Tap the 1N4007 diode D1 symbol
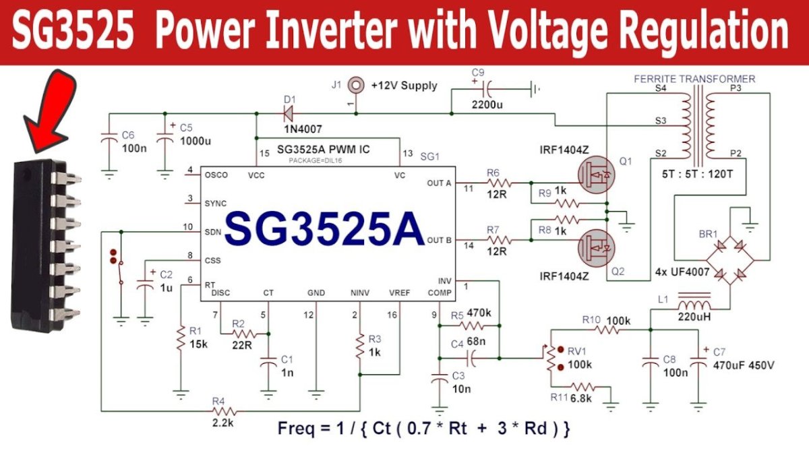[290, 108]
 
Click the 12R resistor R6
[500, 183]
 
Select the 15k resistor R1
[181, 338]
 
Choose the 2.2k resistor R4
[222, 411]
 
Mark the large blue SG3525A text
[324, 229]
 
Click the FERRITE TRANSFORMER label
[694, 79]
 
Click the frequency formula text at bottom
[425, 429]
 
